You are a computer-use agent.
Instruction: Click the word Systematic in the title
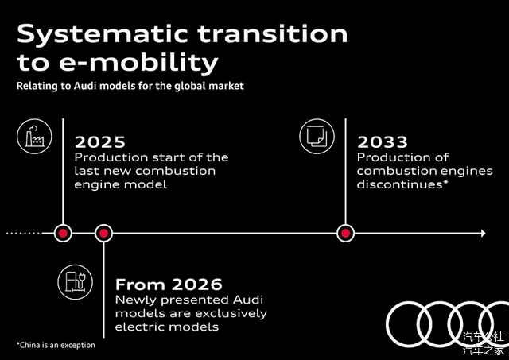point(103,34)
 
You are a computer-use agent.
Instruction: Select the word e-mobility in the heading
point(138,63)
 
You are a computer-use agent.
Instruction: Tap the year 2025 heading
point(100,142)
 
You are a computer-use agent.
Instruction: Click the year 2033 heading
point(383,142)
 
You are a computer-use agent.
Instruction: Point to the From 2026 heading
point(169,285)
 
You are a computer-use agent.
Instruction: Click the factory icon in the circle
point(34,136)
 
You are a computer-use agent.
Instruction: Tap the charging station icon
point(76,282)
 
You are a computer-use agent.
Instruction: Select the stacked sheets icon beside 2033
point(317,136)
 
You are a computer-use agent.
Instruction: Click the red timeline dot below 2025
point(63,233)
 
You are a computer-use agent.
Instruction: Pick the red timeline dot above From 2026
point(103,233)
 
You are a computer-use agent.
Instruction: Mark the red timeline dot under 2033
point(345,233)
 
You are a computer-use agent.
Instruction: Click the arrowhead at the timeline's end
point(484,233)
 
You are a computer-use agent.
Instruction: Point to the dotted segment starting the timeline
point(23,233)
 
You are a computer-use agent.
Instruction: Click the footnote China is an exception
point(56,345)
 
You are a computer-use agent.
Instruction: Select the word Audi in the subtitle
point(84,87)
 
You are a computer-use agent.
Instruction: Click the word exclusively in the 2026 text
point(230,314)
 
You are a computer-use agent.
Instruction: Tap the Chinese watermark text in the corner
point(484,343)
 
